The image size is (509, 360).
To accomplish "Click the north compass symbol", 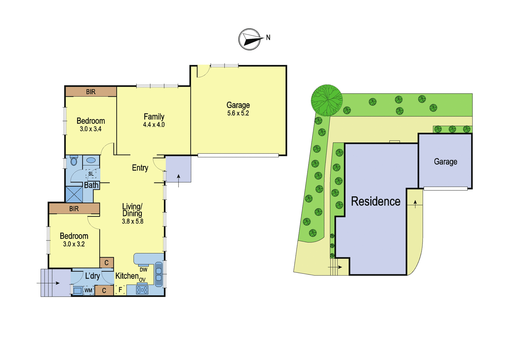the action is pyautogui.click(x=249, y=39).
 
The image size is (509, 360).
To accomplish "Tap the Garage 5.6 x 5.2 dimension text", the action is pyautogui.click(x=238, y=113).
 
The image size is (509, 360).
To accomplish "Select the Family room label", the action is pyautogui.click(x=154, y=117).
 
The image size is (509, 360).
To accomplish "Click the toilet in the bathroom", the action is pyautogui.click(x=73, y=160).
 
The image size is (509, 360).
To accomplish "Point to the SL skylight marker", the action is pyautogui.click(x=91, y=174).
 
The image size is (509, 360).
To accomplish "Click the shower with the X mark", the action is pyautogui.click(x=74, y=194).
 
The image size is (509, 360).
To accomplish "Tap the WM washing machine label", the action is pyautogui.click(x=88, y=290).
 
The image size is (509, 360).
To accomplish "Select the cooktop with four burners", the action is pyautogui.click(x=142, y=290).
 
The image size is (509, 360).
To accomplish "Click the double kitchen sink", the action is pyautogui.click(x=159, y=274).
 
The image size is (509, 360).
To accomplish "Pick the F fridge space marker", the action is pyautogui.click(x=121, y=290).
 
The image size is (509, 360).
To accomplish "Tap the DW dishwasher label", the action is pyautogui.click(x=143, y=270).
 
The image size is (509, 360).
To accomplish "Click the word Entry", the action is pyautogui.click(x=140, y=168).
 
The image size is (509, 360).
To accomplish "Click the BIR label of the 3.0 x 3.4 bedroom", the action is pyautogui.click(x=91, y=92).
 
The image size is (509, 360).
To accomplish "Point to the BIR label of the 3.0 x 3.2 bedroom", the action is pyautogui.click(x=74, y=209).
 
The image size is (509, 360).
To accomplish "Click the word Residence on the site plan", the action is pyautogui.click(x=376, y=201).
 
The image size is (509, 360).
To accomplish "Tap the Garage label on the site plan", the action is pyautogui.click(x=445, y=161).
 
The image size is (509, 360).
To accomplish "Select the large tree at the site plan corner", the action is pyautogui.click(x=327, y=100).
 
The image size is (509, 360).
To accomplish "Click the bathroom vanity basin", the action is pyautogui.click(x=91, y=160).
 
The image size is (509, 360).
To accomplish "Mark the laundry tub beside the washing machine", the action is pyautogui.click(x=78, y=290).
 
